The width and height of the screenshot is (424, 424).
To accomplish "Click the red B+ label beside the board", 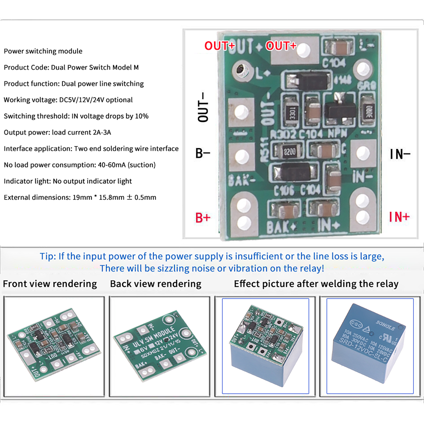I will click(x=203, y=218).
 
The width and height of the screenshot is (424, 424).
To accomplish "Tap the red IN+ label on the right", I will click(x=399, y=217).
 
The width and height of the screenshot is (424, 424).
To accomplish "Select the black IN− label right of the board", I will click(x=400, y=154).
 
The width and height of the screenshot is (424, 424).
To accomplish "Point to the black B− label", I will click(x=202, y=153).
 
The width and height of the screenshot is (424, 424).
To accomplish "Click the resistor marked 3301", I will click(x=292, y=112).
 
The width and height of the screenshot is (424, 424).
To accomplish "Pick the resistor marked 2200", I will click(x=289, y=152).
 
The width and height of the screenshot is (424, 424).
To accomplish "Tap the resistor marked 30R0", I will click(x=369, y=111).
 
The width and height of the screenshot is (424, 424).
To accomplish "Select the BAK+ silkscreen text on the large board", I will click(x=281, y=227).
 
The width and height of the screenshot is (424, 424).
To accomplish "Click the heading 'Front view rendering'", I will click(x=50, y=284).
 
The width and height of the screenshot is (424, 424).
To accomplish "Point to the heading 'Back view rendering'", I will click(x=156, y=284).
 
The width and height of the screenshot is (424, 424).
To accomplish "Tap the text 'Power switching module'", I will click(x=43, y=51).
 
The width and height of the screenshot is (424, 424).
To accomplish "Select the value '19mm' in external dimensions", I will click(x=82, y=197).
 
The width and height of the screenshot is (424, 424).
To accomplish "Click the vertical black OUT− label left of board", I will click(x=203, y=107).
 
